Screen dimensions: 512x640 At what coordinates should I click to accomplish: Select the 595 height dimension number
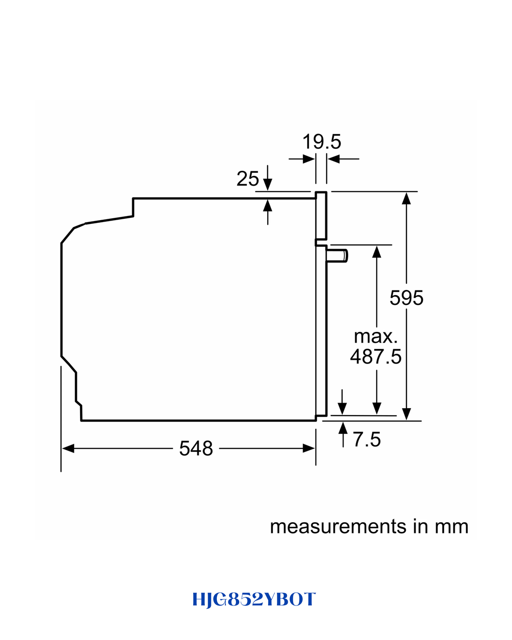406,298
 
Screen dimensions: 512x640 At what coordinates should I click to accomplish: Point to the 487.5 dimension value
376,357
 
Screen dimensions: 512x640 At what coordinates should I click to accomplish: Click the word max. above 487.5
376,337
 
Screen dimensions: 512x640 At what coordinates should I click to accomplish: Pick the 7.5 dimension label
367,439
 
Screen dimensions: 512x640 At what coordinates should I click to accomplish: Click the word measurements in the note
338,527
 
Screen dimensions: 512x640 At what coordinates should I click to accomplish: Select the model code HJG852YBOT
254,600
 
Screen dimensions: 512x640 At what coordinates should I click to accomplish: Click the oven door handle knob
337,256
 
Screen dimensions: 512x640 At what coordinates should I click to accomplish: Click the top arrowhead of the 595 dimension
406,198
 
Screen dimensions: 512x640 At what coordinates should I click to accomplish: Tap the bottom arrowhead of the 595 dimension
406,414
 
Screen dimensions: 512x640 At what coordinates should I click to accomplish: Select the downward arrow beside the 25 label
268,178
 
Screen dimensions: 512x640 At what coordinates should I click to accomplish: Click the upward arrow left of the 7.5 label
343,434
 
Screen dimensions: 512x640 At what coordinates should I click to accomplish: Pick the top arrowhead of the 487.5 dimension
377,252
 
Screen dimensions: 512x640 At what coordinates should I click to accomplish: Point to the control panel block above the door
321,216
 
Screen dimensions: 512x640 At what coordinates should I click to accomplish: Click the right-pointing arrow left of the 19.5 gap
302,159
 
